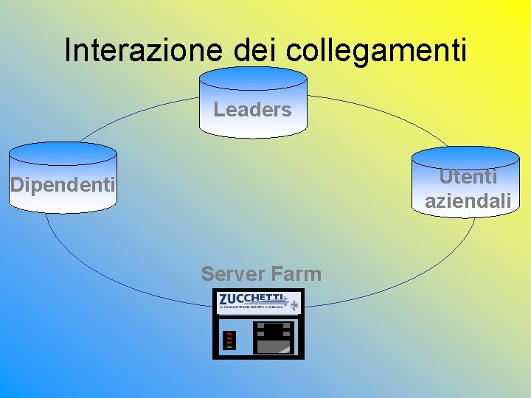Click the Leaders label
[x=253, y=111]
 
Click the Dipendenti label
[x=63, y=184]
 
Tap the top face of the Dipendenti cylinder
[x=63, y=153]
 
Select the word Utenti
[x=468, y=177]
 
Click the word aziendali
[x=468, y=200]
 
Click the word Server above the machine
[x=231, y=274]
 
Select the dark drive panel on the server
[x=274, y=338]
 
